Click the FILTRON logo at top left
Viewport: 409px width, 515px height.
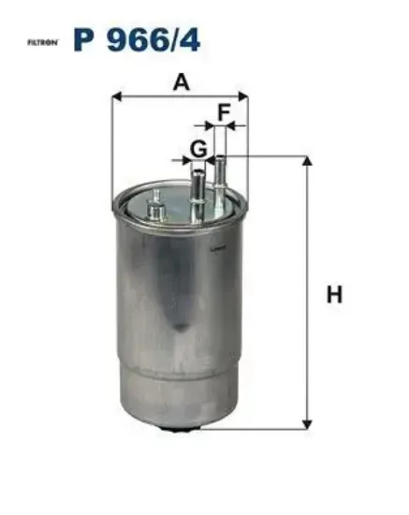(x=43, y=42)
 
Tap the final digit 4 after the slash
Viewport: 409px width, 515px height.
(x=190, y=39)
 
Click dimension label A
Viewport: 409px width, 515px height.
(x=182, y=82)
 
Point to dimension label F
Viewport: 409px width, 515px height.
(x=224, y=112)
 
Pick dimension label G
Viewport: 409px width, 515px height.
(x=198, y=149)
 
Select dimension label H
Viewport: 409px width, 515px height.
(x=334, y=294)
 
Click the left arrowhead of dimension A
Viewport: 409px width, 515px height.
(x=117, y=96)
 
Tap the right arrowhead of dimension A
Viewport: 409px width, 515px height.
(x=243, y=96)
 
